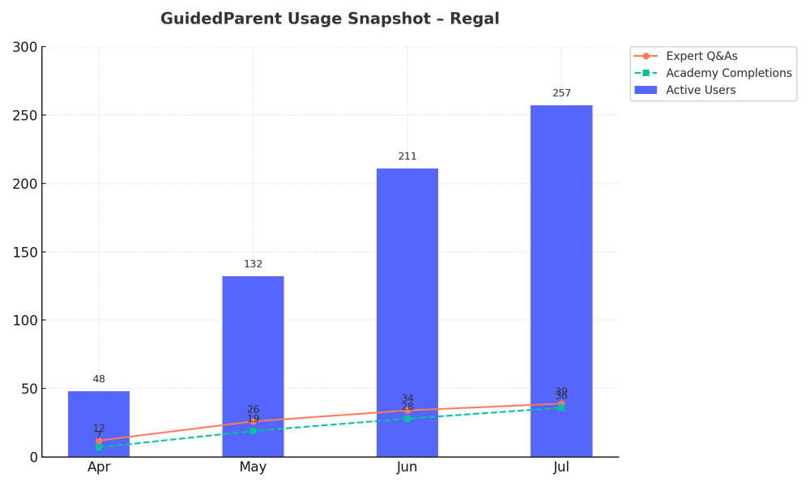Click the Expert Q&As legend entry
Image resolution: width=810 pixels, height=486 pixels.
pos(701,56)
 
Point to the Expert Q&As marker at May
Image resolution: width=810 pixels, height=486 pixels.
pos(253,421)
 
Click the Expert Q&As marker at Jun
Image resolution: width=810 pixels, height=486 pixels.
pos(407,411)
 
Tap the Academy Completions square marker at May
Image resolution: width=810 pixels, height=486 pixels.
pos(253,430)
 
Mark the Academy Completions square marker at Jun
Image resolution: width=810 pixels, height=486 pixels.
pos(407,419)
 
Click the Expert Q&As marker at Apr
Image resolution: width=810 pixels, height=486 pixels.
pos(99,441)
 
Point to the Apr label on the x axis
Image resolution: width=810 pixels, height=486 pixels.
pos(99,468)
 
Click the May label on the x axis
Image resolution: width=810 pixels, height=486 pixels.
pos(253,468)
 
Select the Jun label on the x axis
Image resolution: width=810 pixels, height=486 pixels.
pos(407,468)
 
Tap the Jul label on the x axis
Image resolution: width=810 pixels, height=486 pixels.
pos(561,468)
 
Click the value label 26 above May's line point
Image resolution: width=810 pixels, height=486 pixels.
pos(253,409)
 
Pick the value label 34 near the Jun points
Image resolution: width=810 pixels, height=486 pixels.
pos(407,399)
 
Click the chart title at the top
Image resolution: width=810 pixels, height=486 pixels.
pos(329,19)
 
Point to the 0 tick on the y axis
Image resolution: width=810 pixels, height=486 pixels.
pos(33,457)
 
